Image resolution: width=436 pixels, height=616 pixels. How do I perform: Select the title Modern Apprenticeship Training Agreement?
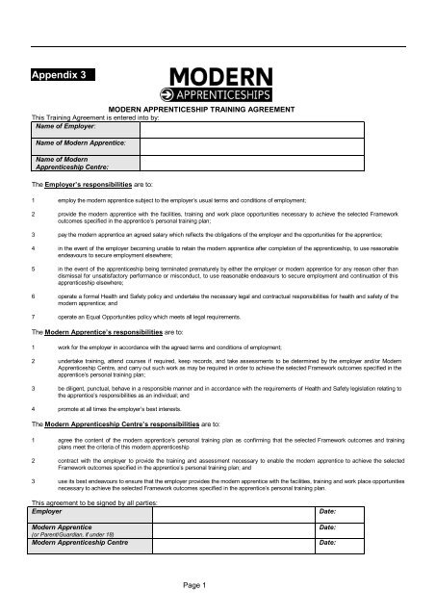point(217,112)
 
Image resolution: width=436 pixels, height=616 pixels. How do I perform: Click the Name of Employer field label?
point(61,125)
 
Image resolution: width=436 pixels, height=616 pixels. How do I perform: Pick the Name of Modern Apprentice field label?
point(74,142)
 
